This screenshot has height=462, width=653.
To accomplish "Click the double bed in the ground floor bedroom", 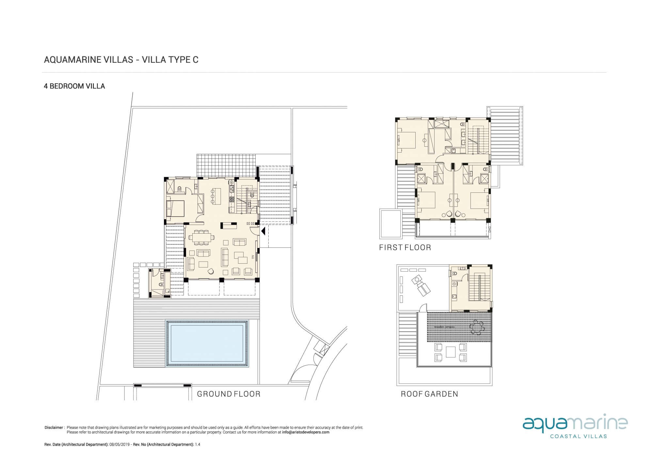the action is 175,208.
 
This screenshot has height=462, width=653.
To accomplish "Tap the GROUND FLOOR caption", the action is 229,394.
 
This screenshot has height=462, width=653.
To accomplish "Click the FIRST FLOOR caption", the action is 405,247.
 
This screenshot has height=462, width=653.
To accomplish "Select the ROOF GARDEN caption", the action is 429,394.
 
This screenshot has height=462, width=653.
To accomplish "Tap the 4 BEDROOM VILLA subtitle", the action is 74,86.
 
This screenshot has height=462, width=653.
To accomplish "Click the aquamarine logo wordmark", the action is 575,424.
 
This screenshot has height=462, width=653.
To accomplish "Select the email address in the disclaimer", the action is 306,432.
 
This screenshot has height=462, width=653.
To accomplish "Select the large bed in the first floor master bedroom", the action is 406,140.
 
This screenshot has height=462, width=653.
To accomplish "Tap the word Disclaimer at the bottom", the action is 54,427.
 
